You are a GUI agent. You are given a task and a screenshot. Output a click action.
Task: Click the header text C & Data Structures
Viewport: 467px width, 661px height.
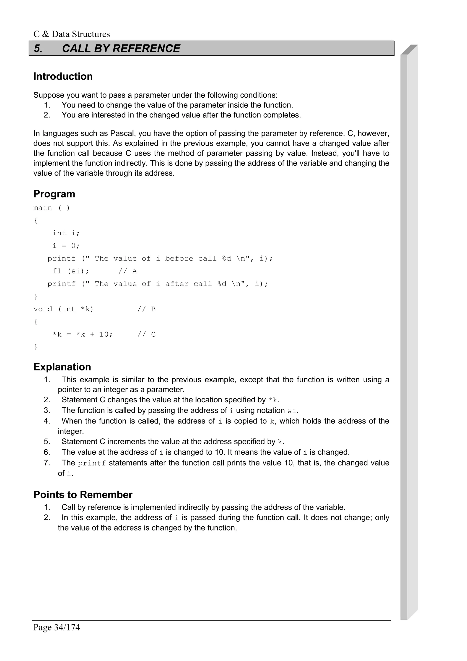pyautogui.click(x=71, y=34)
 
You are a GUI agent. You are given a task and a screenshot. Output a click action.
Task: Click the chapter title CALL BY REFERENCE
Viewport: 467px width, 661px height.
pyautogui.click(x=121, y=48)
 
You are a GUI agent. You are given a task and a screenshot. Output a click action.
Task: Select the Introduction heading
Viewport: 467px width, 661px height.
pyautogui.click(x=63, y=77)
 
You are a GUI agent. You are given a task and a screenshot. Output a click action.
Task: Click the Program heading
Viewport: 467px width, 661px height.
pyautogui.click(x=54, y=194)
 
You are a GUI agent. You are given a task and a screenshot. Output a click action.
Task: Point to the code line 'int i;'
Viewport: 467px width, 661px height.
pyautogui.click(x=66, y=233)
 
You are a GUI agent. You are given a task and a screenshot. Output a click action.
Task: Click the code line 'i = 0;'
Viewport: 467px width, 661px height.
pyautogui.click(x=66, y=246)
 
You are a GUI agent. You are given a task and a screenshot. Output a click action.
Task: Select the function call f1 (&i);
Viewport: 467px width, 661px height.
pyautogui.click(x=71, y=271)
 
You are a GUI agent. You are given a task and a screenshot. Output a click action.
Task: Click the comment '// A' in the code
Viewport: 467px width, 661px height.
pyautogui.click(x=127, y=271)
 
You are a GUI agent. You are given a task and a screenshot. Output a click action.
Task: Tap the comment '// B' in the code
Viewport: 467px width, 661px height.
pyautogui.click(x=146, y=309)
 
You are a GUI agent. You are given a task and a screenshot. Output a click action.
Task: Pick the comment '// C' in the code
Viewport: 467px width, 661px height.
pyautogui.click(x=146, y=335)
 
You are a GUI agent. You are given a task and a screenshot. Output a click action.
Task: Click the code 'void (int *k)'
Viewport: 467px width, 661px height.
pyautogui.click(x=63, y=309)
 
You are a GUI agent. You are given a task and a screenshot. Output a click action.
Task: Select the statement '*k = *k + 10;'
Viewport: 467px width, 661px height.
pyautogui.click(x=83, y=335)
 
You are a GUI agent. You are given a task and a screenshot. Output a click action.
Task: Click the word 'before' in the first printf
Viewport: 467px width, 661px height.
pyautogui.click(x=179, y=258)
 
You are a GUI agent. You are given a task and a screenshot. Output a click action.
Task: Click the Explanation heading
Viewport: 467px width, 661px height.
pyautogui.click(x=62, y=367)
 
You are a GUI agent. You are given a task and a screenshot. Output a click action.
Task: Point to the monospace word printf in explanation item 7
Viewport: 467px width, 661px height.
pyautogui.click(x=92, y=463)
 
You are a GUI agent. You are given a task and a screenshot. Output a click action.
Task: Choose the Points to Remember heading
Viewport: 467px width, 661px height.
pyautogui.click(x=83, y=494)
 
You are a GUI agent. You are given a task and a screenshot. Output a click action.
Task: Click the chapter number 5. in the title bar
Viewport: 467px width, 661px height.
pyautogui.click(x=38, y=48)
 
